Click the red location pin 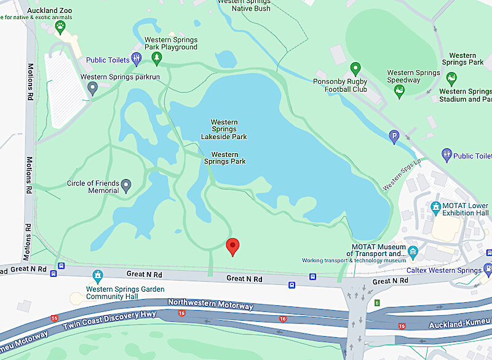232,246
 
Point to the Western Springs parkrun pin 93,89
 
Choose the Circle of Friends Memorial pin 126,185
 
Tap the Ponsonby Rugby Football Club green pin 355,69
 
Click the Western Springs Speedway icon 399,92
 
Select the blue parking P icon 394,137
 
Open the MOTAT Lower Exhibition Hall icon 436,207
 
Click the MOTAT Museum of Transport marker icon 413,251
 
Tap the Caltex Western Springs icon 488,270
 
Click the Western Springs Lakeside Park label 224,129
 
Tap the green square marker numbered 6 377,303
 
